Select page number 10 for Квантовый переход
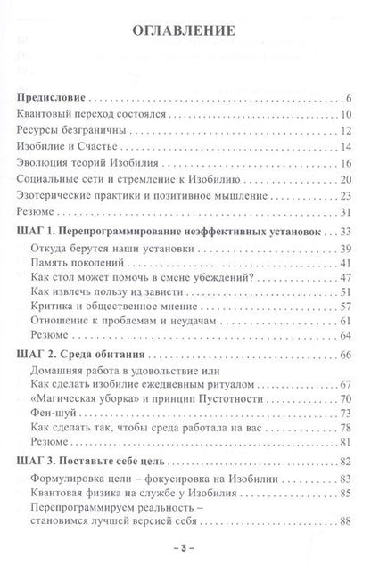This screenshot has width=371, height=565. click(x=346, y=115)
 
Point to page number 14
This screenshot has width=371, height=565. click(x=346, y=148)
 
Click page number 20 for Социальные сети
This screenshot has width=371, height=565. click(x=346, y=181)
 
